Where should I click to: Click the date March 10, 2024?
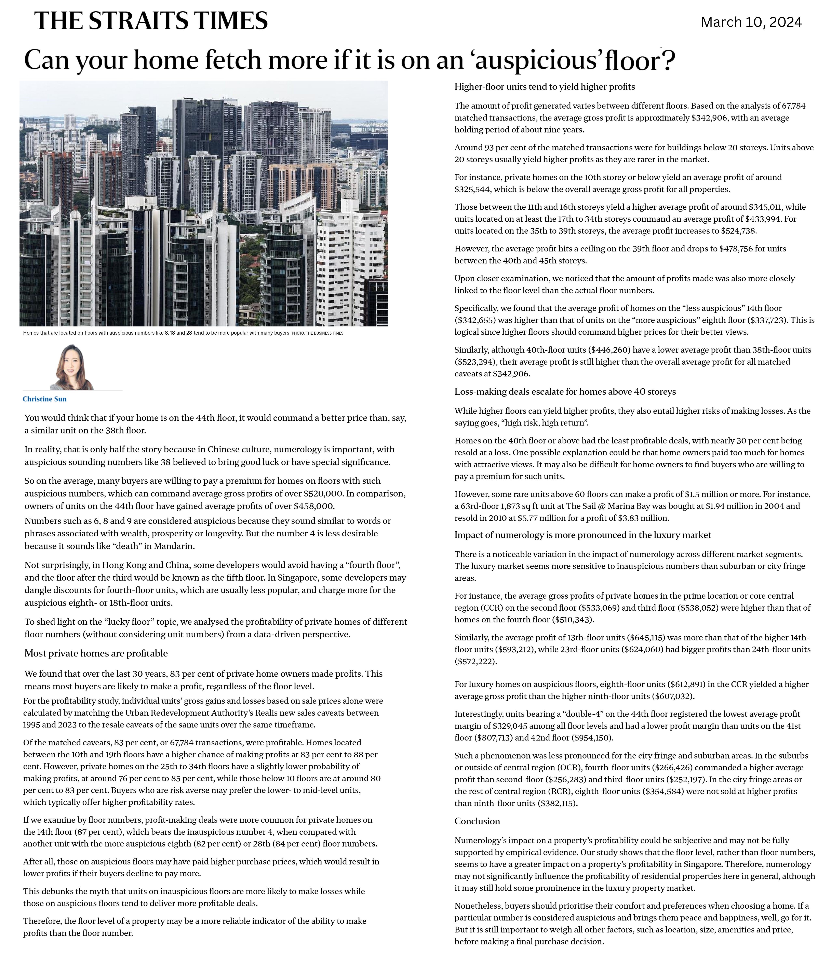point(751,22)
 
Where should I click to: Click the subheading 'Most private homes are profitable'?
point(96,653)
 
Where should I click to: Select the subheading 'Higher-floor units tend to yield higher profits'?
point(545,87)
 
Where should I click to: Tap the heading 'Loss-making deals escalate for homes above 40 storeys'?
point(565,392)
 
